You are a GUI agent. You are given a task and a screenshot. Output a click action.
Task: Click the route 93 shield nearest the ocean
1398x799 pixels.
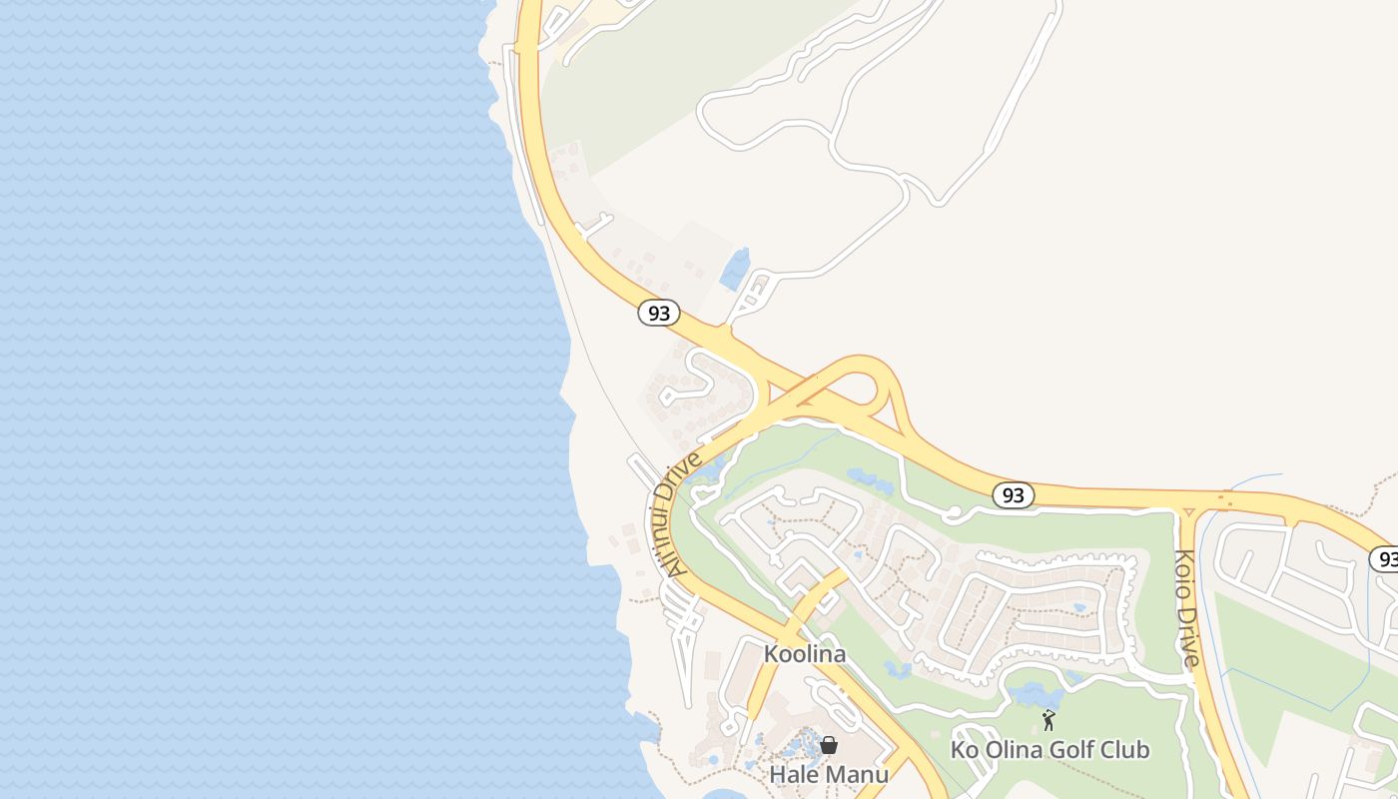coord(658,313)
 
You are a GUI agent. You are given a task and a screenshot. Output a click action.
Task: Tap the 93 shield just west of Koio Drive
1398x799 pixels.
coord(1014,494)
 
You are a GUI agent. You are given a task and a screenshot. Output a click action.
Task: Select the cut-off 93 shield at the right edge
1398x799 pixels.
coord(1384,558)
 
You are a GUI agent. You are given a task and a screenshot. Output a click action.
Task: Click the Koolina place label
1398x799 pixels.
coord(804,654)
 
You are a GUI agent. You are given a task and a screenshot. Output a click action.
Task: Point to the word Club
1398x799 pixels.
coord(1126,749)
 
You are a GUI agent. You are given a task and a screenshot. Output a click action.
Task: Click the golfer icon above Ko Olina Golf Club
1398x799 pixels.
coord(1048,719)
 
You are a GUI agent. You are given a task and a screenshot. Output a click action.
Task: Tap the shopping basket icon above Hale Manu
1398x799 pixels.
coord(828,745)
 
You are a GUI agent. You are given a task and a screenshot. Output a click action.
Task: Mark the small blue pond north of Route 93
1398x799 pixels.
coord(736,269)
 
